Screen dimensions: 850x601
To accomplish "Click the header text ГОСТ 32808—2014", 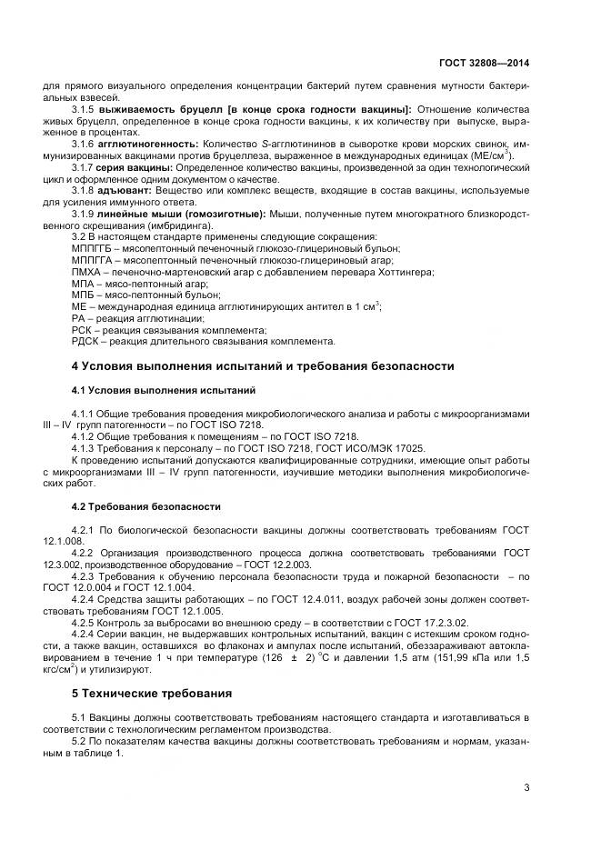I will [x=484, y=64].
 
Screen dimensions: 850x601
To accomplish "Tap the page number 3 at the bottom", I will [x=526, y=787].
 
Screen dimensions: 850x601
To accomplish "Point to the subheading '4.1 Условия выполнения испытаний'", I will [x=164, y=390].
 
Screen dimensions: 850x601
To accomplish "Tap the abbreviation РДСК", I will [x=85, y=342].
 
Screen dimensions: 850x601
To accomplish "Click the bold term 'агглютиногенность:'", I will [x=147, y=144].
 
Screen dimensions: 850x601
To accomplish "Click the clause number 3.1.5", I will [x=85, y=109].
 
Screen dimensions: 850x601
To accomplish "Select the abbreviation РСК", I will [x=83, y=330].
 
